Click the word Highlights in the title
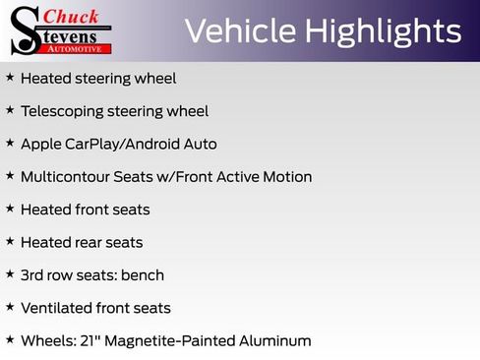coord(385,31)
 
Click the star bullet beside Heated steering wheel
coord(9,77)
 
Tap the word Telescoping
coord(63,111)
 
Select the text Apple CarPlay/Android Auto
coord(118,144)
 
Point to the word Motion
coord(287,177)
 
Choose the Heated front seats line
coord(85,210)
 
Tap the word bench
coord(142,275)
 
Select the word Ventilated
coord(56,308)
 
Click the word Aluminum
coord(276,340)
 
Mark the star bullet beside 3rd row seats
coord(9,273)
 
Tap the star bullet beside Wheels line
coord(9,339)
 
